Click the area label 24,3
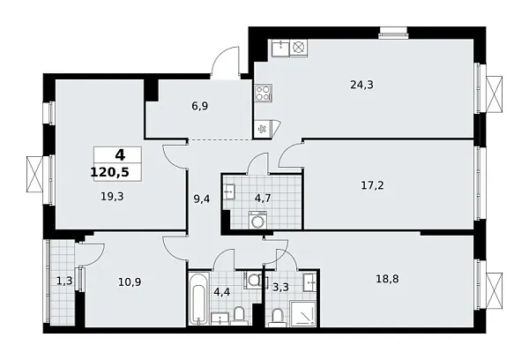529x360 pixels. [x=361, y=86]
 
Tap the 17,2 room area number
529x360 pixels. [x=372, y=186]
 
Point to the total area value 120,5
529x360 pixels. [x=108, y=173]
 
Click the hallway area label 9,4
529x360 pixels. [x=201, y=199]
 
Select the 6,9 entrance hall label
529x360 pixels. [x=198, y=105]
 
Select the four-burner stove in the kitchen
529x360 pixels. [x=264, y=94]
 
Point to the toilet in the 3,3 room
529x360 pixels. [x=276, y=316]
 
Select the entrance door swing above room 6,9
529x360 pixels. [x=227, y=66]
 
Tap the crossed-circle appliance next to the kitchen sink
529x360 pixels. [x=299, y=47]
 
